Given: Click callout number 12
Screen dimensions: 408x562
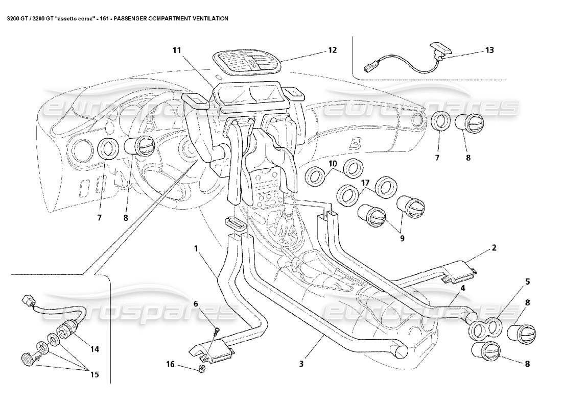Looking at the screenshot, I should [333, 50].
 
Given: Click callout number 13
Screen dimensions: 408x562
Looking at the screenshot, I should [489, 51].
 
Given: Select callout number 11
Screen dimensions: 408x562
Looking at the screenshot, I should [176, 50].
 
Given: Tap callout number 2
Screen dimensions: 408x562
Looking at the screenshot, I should [494, 248].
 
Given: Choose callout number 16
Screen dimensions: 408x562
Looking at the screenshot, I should [170, 364].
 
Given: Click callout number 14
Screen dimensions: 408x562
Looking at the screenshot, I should [95, 349].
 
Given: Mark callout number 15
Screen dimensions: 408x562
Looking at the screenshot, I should [96, 375].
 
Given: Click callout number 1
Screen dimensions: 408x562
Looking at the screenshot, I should [195, 248].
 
